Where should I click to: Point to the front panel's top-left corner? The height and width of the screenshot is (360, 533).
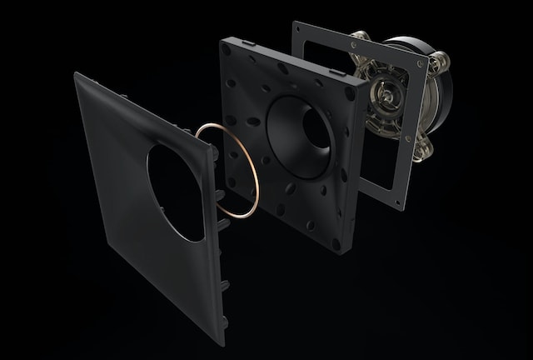pyautogui.click(x=77, y=73)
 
